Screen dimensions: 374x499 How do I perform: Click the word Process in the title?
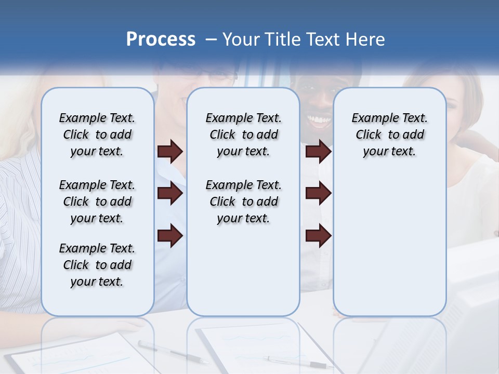161,39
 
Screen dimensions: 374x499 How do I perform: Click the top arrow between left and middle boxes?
170,152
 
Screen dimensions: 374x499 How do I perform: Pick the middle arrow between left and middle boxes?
170,194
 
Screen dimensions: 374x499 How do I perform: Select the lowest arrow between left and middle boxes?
170,236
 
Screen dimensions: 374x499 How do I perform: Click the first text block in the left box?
97,135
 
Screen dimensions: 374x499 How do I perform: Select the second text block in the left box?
97,202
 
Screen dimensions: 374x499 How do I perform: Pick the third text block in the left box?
97,265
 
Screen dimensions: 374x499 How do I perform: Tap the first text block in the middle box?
244,135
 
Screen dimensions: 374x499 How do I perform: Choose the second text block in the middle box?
244,202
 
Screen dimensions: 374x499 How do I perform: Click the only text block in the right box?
390,135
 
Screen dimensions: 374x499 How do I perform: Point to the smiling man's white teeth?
319,121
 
